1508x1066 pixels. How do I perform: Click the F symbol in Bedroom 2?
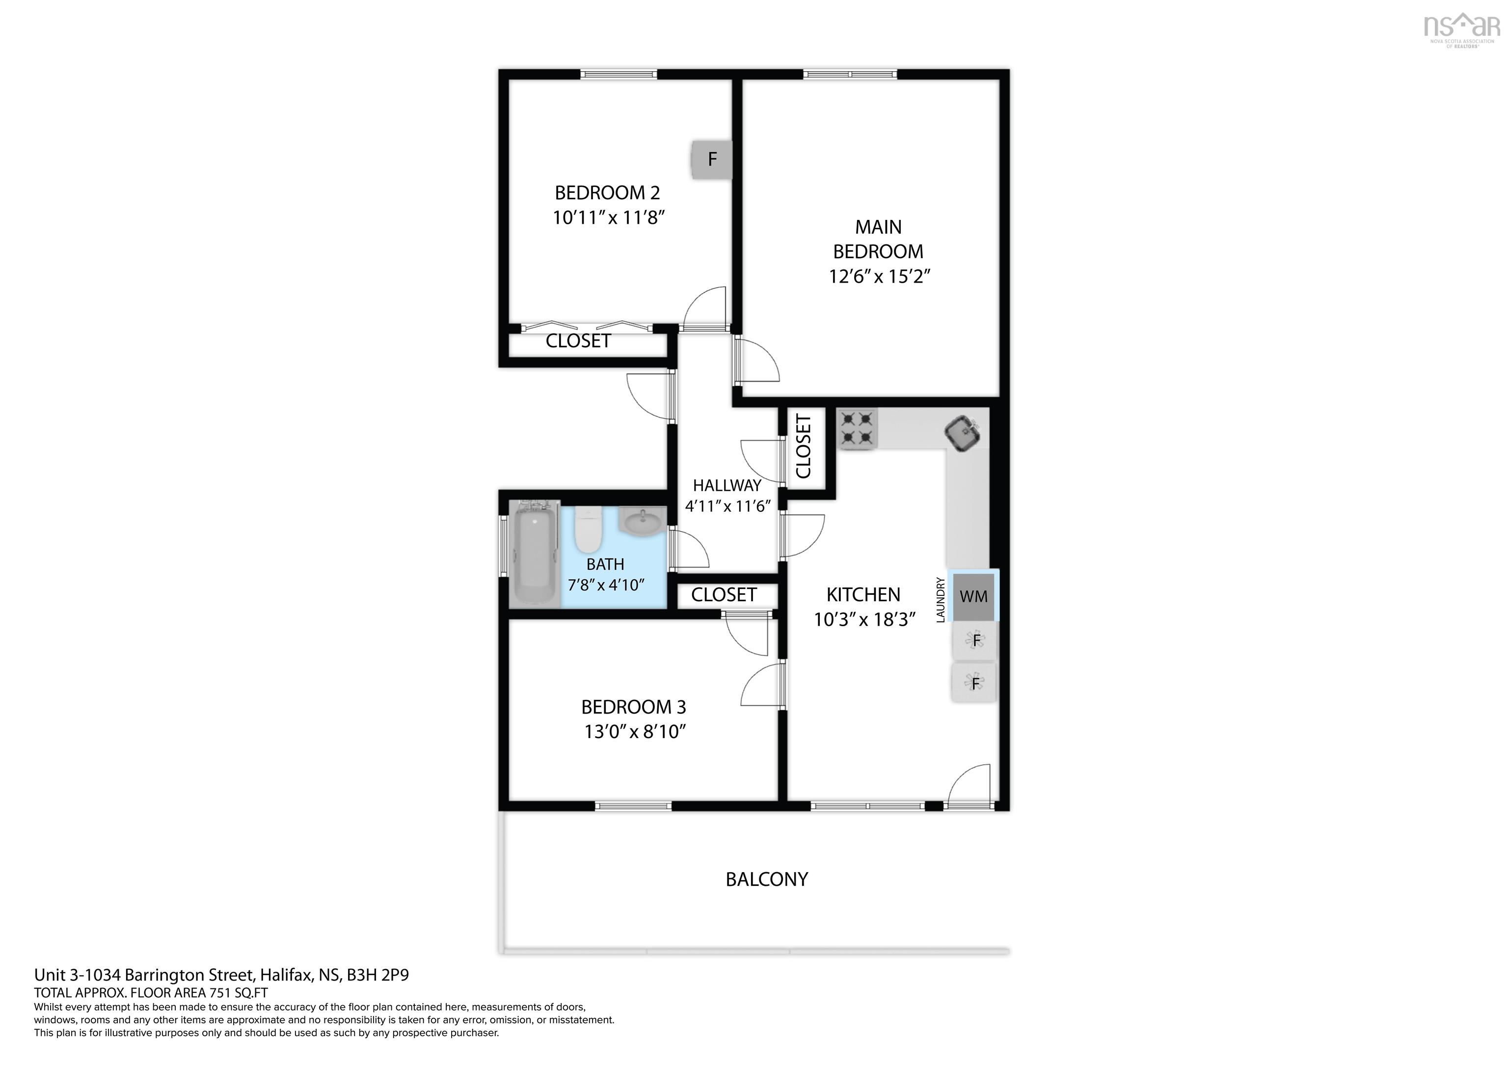click(x=711, y=159)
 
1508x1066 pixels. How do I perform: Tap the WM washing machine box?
click(x=973, y=596)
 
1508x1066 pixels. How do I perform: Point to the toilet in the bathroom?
click(x=589, y=531)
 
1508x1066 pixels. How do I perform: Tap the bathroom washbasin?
click(x=643, y=523)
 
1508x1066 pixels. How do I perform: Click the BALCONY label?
click(x=766, y=879)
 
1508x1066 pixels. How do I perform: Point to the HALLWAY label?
click(x=727, y=485)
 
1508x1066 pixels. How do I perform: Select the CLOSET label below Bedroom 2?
click(x=578, y=341)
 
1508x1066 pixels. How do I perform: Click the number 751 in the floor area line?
click(x=221, y=992)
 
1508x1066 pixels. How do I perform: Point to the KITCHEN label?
click(x=863, y=594)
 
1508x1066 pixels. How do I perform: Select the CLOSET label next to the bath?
click(x=724, y=594)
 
